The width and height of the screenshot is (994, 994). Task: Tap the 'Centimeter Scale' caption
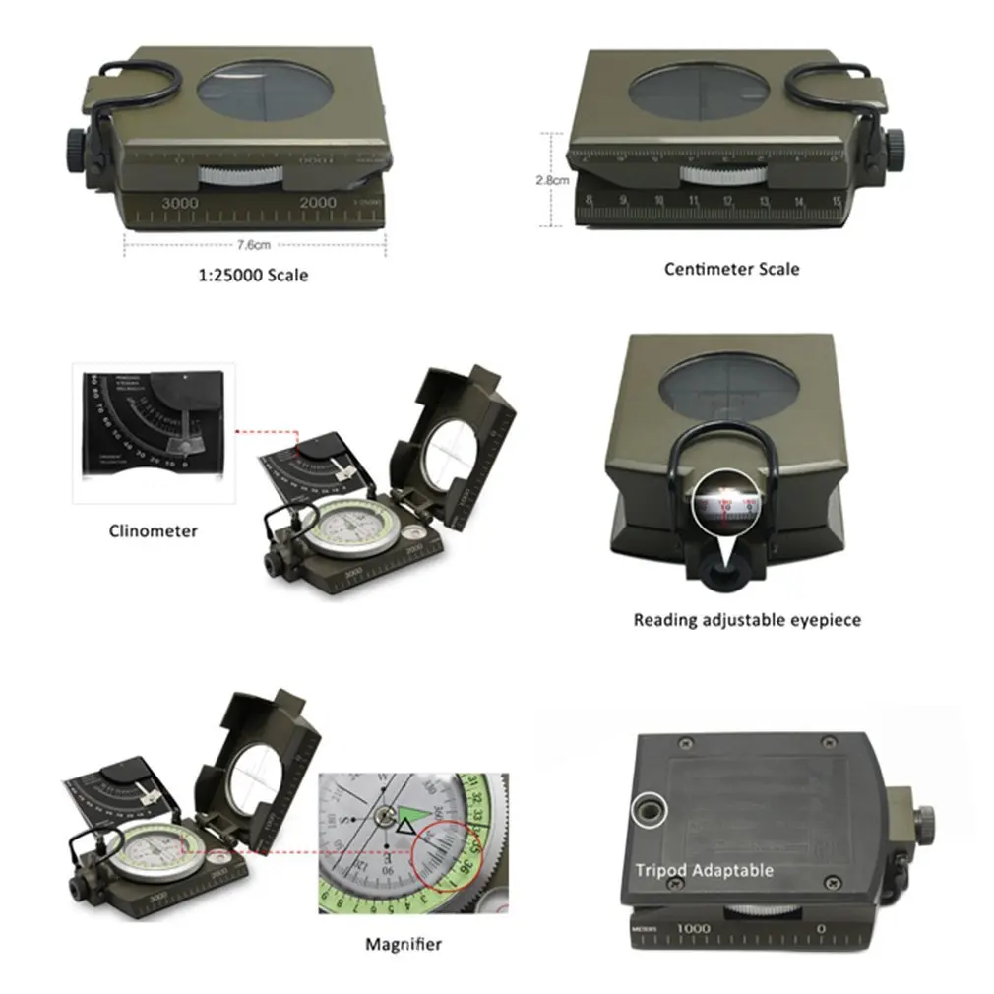coord(731,269)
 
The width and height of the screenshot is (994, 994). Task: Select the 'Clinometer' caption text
coord(153,531)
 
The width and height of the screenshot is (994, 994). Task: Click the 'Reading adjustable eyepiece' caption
coord(747,620)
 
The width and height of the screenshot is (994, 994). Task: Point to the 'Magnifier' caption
coord(404,945)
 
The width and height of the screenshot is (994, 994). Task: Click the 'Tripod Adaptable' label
coord(704,870)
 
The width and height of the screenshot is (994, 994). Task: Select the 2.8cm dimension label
coord(552,180)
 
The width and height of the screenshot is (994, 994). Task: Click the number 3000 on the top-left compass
coord(180,202)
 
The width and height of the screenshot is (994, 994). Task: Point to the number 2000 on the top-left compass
coord(319,202)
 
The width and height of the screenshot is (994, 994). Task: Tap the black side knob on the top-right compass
coord(897,149)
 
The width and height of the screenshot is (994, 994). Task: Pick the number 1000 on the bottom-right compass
coord(693,928)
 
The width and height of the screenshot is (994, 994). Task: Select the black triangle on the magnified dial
coord(404,834)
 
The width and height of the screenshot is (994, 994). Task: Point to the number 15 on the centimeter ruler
coord(836,203)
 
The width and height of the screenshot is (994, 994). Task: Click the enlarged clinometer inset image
coord(155,433)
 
